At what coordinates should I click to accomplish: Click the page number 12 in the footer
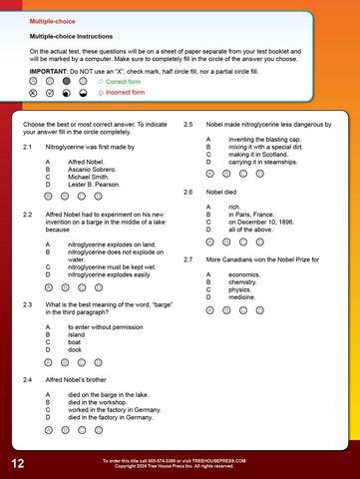click(19, 464)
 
